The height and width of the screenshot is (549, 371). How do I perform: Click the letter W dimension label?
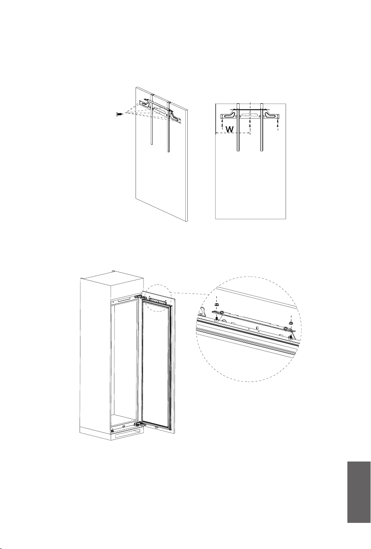click(x=229, y=129)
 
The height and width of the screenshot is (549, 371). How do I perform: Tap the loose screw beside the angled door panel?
click(x=119, y=114)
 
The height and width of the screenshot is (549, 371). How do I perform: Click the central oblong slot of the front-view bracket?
click(x=250, y=115)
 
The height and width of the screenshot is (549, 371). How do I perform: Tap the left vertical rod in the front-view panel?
click(x=238, y=127)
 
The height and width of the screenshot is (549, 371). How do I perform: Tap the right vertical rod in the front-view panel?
click(x=262, y=127)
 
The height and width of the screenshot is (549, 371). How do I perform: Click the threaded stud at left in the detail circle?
click(x=217, y=318)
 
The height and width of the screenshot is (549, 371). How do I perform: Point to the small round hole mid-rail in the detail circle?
click(x=257, y=327)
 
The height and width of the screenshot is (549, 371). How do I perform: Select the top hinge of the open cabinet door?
click(x=142, y=298)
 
